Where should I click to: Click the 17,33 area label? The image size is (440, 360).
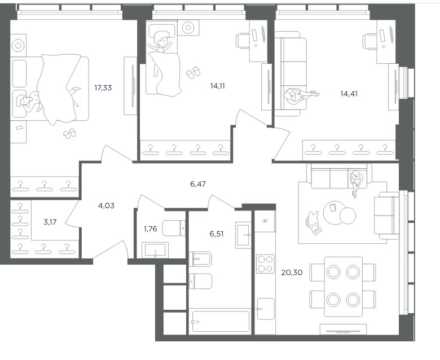(x=103, y=88)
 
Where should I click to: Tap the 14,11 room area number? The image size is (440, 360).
(x=218, y=86)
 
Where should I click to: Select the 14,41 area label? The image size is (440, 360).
(x=349, y=94)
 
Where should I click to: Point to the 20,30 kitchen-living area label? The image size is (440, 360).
(x=292, y=272)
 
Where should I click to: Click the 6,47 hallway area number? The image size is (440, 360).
(x=198, y=184)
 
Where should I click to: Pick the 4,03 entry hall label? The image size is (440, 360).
(x=106, y=206)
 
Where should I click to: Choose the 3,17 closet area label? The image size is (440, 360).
(x=50, y=222)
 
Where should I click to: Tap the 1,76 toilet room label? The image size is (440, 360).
(x=151, y=229)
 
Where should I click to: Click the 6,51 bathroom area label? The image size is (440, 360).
(x=217, y=234)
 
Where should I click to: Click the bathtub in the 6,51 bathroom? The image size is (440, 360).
(x=220, y=322)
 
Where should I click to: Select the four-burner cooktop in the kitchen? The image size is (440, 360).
(x=265, y=264)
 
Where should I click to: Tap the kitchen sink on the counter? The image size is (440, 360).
(x=266, y=309)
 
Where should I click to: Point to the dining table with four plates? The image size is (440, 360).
(x=343, y=287)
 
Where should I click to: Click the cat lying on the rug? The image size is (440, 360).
(x=314, y=223)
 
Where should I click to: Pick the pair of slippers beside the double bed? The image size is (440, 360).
(x=69, y=134)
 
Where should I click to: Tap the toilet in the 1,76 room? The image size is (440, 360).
(x=174, y=228)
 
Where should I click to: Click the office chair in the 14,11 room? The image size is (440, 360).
(x=243, y=41)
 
